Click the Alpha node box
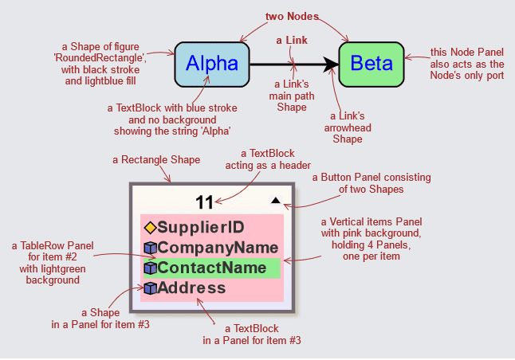[x=211, y=64]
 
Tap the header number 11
[x=204, y=202]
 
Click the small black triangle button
[x=275, y=202]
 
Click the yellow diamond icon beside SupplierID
[x=149, y=228]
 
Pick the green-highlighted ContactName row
[x=212, y=268]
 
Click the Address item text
[x=191, y=288]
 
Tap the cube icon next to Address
[x=149, y=288]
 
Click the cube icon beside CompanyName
[x=149, y=248]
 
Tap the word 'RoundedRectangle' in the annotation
[x=128, y=58]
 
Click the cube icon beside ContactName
[x=149, y=268]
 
